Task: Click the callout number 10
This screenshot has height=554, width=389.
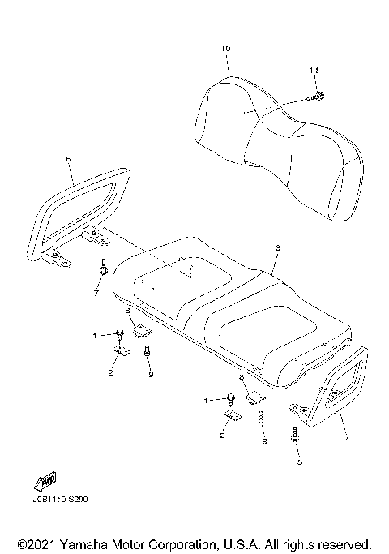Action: point(225,49)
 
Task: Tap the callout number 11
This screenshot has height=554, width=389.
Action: point(314,72)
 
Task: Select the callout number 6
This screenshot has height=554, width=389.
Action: point(68,160)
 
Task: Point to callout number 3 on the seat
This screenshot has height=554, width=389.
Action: point(277,247)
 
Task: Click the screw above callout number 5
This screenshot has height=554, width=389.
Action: point(294,436)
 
